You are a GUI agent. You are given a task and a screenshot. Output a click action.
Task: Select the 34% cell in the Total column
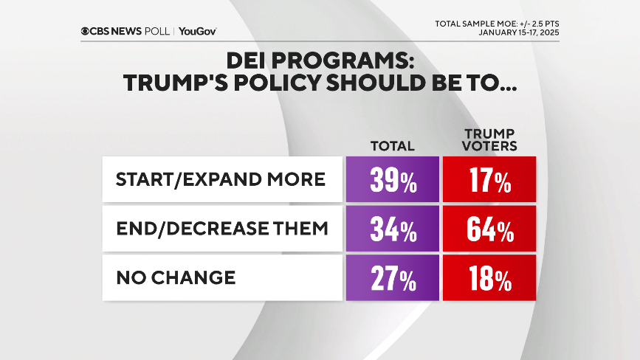(393, 229)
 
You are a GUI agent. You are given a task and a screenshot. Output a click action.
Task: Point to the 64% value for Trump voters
(489, 229)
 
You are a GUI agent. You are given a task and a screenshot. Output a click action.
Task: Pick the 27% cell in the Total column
(393, 278)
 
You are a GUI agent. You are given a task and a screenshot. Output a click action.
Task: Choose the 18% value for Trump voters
(489, 278)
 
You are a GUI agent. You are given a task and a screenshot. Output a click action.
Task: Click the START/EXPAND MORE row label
(221, 180)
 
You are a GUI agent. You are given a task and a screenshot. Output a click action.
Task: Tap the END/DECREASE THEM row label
(222, 229)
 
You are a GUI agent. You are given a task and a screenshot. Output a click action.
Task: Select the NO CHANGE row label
(176, 277)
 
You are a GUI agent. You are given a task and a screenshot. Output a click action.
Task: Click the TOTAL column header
(393, 146)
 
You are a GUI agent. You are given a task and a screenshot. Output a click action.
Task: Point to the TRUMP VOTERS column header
(489, 139)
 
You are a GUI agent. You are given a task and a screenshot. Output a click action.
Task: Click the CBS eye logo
(87, 31)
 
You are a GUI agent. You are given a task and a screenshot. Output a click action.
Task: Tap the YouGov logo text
(197, 31)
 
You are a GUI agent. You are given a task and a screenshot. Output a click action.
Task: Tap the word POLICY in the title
(272, 83)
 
